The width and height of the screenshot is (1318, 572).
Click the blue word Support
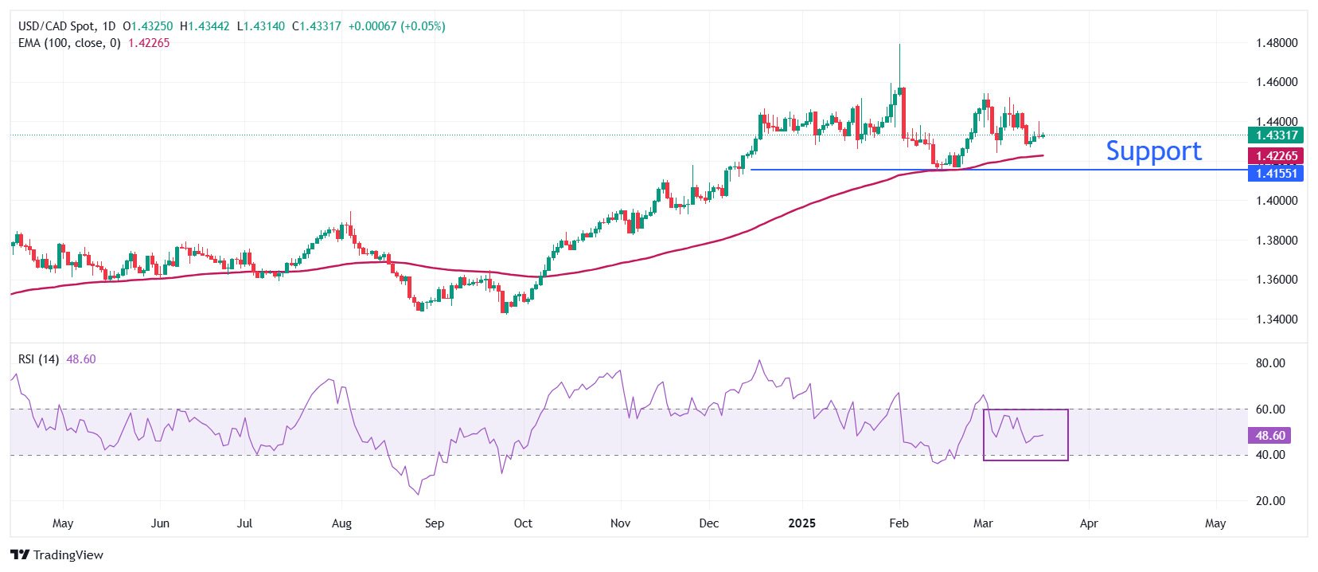tap(1153, 151)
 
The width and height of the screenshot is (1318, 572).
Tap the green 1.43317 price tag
tap(1276, 135)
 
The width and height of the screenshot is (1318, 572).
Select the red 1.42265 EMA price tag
tap(1276, 156)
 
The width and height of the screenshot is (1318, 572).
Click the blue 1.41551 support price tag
tap(1276, 174)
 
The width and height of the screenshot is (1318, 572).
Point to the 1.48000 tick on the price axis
tap(1277, 43)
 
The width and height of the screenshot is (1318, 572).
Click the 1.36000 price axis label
tap(1277, 280)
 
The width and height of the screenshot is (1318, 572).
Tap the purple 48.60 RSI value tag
tap(1270, 436)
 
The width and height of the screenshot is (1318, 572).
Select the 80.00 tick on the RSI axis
tap(1270, 363)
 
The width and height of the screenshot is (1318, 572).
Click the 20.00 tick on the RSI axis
tap(1270, 501)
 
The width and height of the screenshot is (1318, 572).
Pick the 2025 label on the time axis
tap(801, 523)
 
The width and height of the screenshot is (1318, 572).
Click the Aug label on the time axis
tap(341, 523)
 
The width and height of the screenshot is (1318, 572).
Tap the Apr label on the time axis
tap(1088, 523)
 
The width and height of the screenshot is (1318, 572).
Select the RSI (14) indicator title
tap(38, 359)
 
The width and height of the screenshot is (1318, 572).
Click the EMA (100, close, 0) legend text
tap(69, 43)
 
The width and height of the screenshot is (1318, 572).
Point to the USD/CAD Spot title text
tap(57, 26)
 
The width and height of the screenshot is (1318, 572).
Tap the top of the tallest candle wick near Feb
tap(899, 45)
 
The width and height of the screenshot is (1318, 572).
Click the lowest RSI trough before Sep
tap(419, 495)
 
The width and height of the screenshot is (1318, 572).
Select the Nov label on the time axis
tap(620, 523)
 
